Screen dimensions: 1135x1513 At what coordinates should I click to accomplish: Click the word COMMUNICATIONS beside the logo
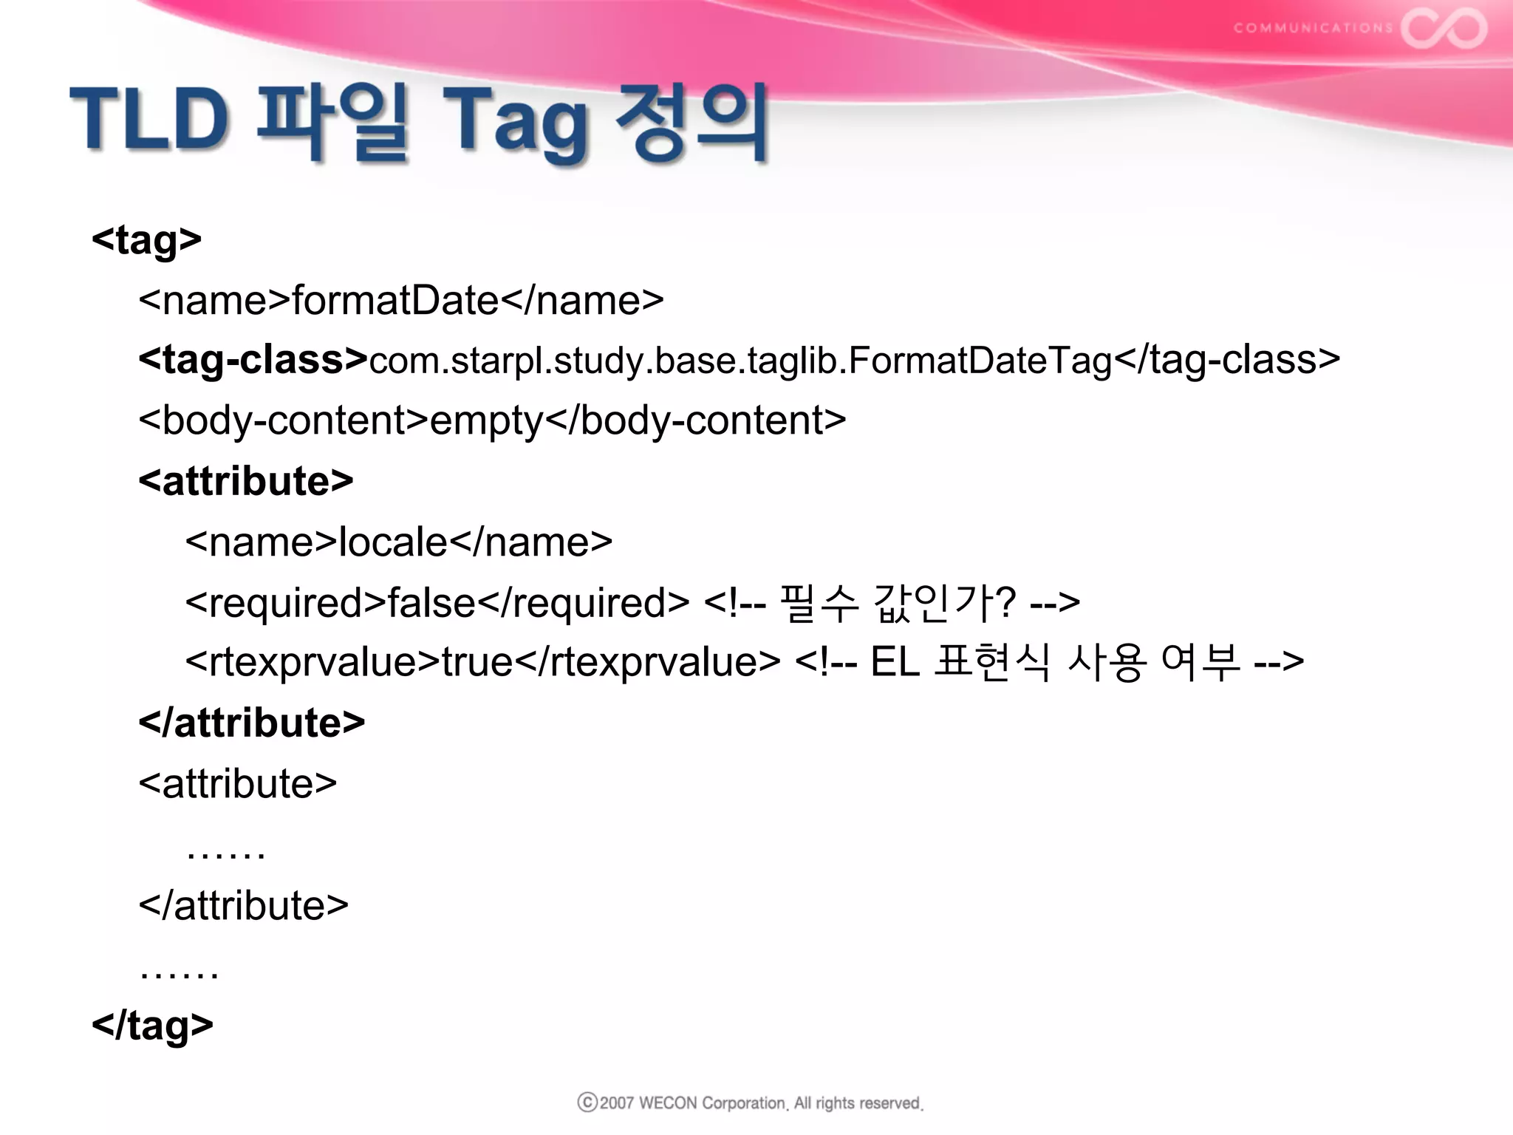coord(1312,28)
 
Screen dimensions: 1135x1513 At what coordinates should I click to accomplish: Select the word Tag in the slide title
coord(515,122)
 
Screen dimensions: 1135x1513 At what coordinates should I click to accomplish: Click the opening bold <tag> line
coord(146,240)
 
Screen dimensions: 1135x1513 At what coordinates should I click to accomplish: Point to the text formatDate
coord(395,301)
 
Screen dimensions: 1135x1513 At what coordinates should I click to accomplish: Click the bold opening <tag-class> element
coord(253,360)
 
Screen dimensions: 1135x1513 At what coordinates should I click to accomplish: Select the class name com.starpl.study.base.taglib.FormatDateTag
coord(740,361)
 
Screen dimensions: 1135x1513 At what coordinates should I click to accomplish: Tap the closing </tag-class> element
coord(1226,361)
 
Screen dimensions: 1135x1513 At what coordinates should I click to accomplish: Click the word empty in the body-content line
coord(487,421)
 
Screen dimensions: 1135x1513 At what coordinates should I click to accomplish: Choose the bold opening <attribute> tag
coord(246,481)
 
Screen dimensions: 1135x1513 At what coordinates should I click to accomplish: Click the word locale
coord(393,542)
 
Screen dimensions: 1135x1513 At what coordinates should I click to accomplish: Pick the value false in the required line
coord(431,603)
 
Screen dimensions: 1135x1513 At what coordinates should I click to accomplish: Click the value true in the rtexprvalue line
coord(477,662)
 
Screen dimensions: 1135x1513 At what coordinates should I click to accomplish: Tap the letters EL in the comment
coord(895,662)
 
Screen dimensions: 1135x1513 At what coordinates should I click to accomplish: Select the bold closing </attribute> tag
coord(252,723)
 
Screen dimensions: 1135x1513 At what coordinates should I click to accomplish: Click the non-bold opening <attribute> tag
coord(238,783)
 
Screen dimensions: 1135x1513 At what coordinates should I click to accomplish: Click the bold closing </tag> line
coord(152,1026)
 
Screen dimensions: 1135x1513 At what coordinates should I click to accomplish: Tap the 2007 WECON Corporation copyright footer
coord(751,1103)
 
